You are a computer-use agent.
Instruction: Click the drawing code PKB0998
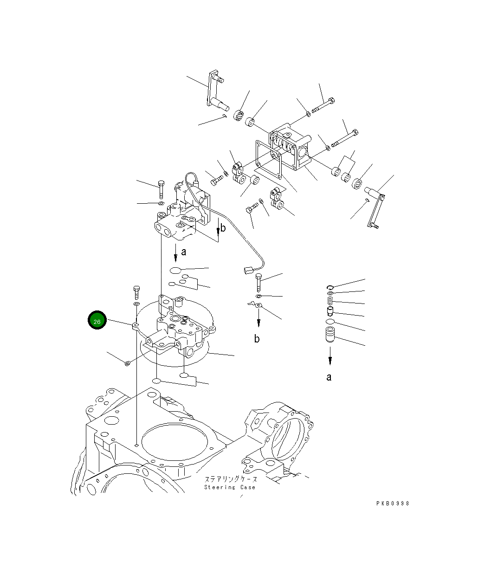pos(393,504)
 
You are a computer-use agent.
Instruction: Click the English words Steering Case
pos(230,487)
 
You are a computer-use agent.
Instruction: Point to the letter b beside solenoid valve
pos(223,228)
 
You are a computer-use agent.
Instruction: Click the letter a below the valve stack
pos(329,377)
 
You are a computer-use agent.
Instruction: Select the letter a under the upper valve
pos(184,252)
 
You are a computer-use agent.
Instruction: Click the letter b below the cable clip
pos(257,339)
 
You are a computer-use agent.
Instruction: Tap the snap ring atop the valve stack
pos(329,287)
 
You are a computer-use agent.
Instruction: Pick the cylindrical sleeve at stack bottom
pos(329,335)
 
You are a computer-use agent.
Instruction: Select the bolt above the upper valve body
pos(161,189)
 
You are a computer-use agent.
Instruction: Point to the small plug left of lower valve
pos(127,363)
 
